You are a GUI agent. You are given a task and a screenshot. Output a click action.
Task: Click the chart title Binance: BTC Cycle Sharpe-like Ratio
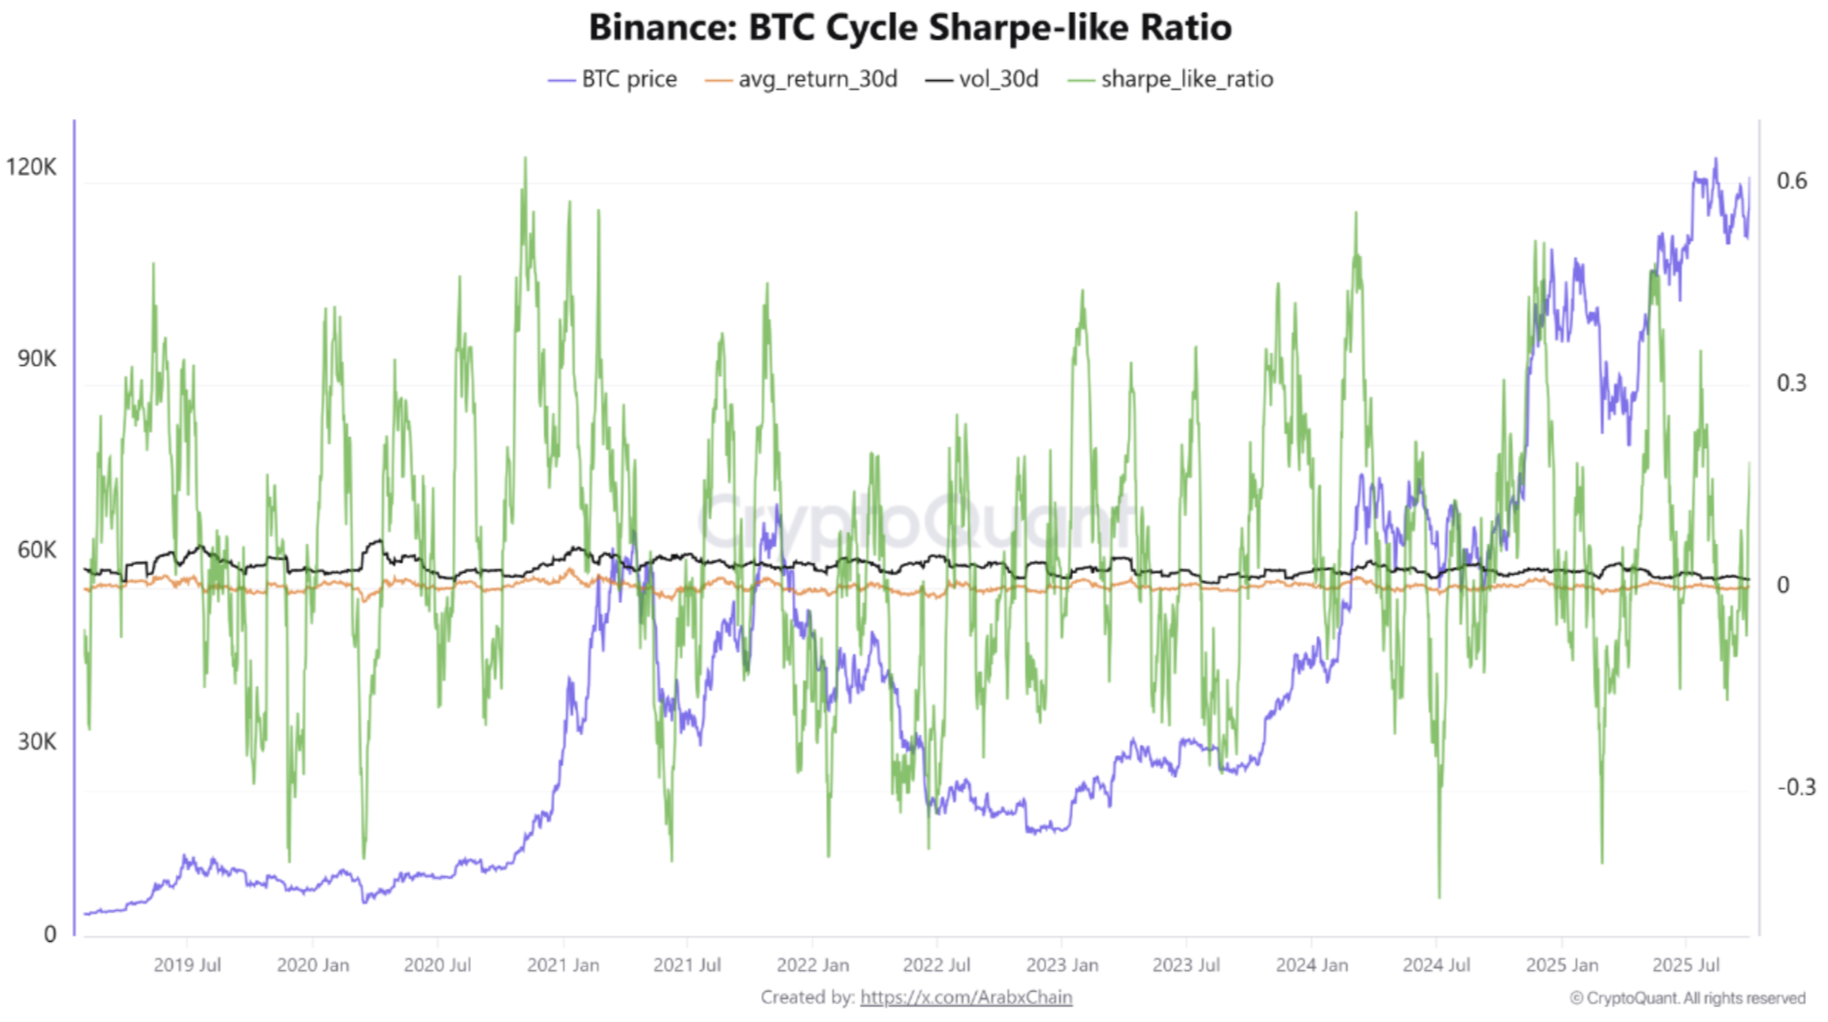[909, 27]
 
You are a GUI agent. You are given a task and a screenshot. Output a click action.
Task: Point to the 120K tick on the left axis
[31, 167]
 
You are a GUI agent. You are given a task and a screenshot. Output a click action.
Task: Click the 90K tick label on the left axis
[36, 359]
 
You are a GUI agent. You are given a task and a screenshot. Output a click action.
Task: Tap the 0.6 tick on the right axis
[1792, 181]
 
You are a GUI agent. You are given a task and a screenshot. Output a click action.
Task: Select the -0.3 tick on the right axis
[1796, 787]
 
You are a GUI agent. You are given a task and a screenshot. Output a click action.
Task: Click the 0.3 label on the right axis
[1792, 383]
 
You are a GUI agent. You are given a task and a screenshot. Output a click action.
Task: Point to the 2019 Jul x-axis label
[187, 966]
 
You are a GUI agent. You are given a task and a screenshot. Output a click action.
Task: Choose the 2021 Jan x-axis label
[563, 966]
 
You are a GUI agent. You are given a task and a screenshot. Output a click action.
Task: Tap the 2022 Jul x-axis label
[937, 966]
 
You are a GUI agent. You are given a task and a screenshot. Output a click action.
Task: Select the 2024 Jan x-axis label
[1311, 966]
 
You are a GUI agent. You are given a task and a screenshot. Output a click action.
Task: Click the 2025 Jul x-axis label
[1686, 966]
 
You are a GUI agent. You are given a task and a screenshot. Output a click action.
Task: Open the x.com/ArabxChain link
[966, 997]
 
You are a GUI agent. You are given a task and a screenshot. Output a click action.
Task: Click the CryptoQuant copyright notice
[1687, 998]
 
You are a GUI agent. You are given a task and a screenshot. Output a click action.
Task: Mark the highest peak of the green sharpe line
[525, 158]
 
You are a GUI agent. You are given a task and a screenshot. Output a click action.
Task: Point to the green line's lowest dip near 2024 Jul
[1440, 897]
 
